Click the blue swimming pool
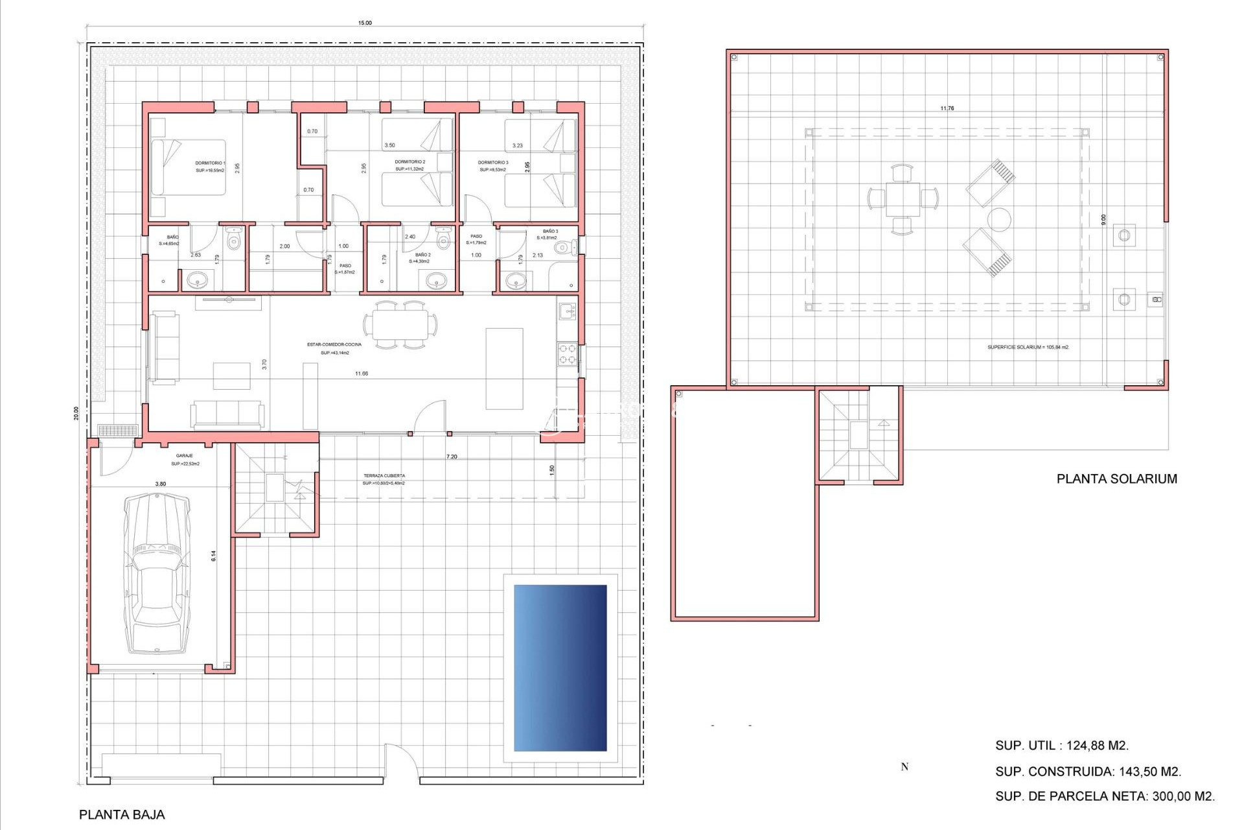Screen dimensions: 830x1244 (x=560, y=668)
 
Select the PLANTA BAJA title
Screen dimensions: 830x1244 (x=122, y=815)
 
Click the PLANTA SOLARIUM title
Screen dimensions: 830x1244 (x=1116, y=479)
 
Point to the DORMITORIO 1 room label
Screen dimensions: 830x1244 (x=210, y=163)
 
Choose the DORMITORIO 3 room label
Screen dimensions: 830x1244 (x=493, y=163)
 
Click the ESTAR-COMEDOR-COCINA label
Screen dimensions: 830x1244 (x=334, y=344)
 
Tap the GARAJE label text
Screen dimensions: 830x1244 (x=185, y=456)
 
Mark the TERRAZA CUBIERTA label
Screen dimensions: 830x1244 (x=384, y=476)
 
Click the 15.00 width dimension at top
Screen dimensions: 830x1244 (x=365, y=23)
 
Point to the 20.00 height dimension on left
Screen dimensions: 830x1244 (x=76, y=413)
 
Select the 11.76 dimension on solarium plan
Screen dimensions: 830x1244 (x=947, y=108)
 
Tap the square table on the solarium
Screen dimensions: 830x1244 (x=903, y=199)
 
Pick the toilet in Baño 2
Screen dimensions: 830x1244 (x=443, y=241)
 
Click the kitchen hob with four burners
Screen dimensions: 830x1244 (x=568, y=354)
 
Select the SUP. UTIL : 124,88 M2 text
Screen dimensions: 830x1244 (x=1061, y=746)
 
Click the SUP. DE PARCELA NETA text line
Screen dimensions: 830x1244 (x=1105, y=796)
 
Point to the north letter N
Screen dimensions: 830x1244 (x=904, y=767)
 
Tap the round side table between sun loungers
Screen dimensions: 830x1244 (x=999, y=220)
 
